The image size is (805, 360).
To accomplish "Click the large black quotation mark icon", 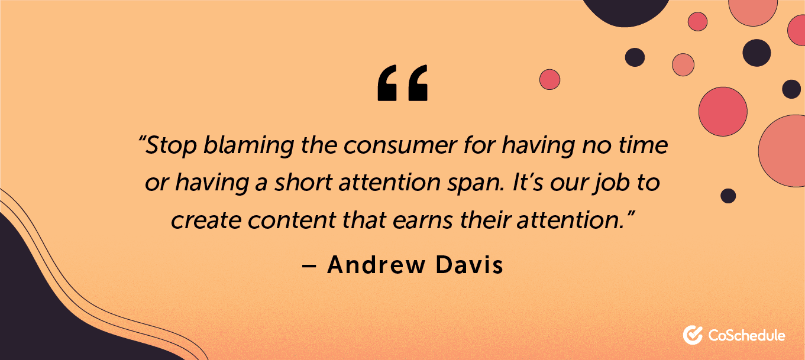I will pos(402,83).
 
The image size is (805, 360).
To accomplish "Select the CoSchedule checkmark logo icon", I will pos(693,335).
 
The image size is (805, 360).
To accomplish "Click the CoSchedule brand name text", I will pos(746,336).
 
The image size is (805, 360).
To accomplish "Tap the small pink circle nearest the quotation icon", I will pos(549,79).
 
